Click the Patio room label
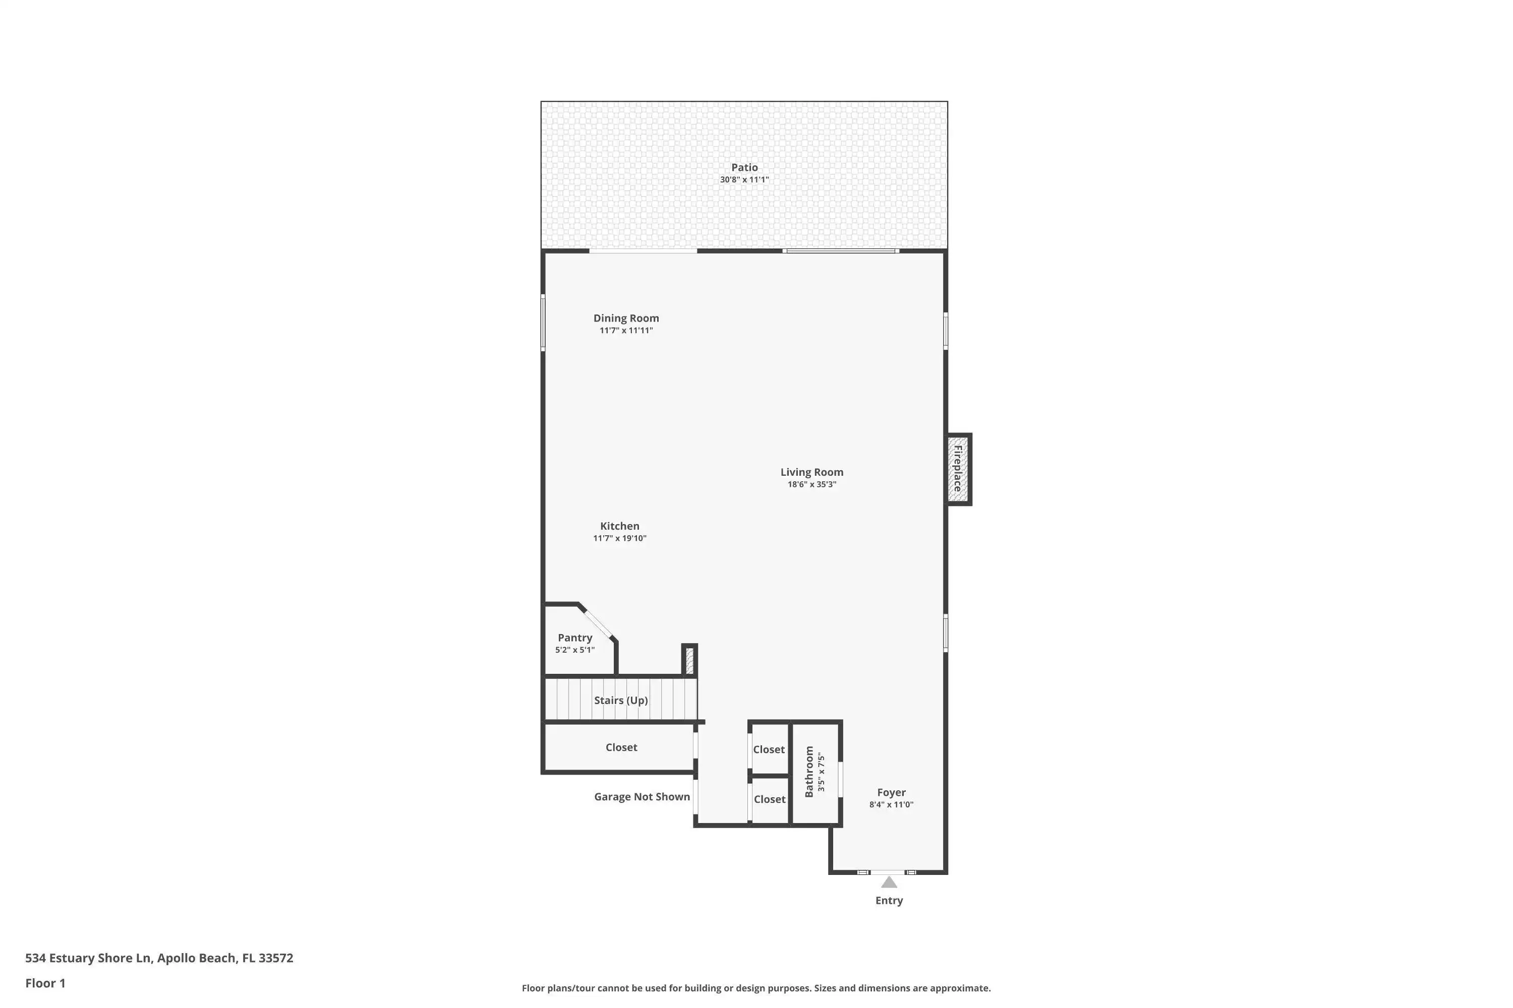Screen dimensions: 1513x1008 744,167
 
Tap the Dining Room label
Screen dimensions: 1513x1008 626,318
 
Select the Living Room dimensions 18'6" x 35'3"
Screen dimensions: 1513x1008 812,484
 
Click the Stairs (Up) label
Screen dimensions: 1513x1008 621,700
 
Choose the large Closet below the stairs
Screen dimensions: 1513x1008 621,747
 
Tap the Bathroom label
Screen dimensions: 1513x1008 809,772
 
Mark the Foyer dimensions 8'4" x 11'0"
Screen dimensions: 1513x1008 891,804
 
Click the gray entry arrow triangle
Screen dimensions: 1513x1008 889,882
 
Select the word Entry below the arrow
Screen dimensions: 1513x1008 889,900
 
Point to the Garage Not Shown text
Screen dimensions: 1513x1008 642,796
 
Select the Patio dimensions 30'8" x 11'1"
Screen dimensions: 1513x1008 744,179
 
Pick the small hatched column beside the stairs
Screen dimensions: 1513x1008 689,660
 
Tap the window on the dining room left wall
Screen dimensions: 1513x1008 543,323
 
